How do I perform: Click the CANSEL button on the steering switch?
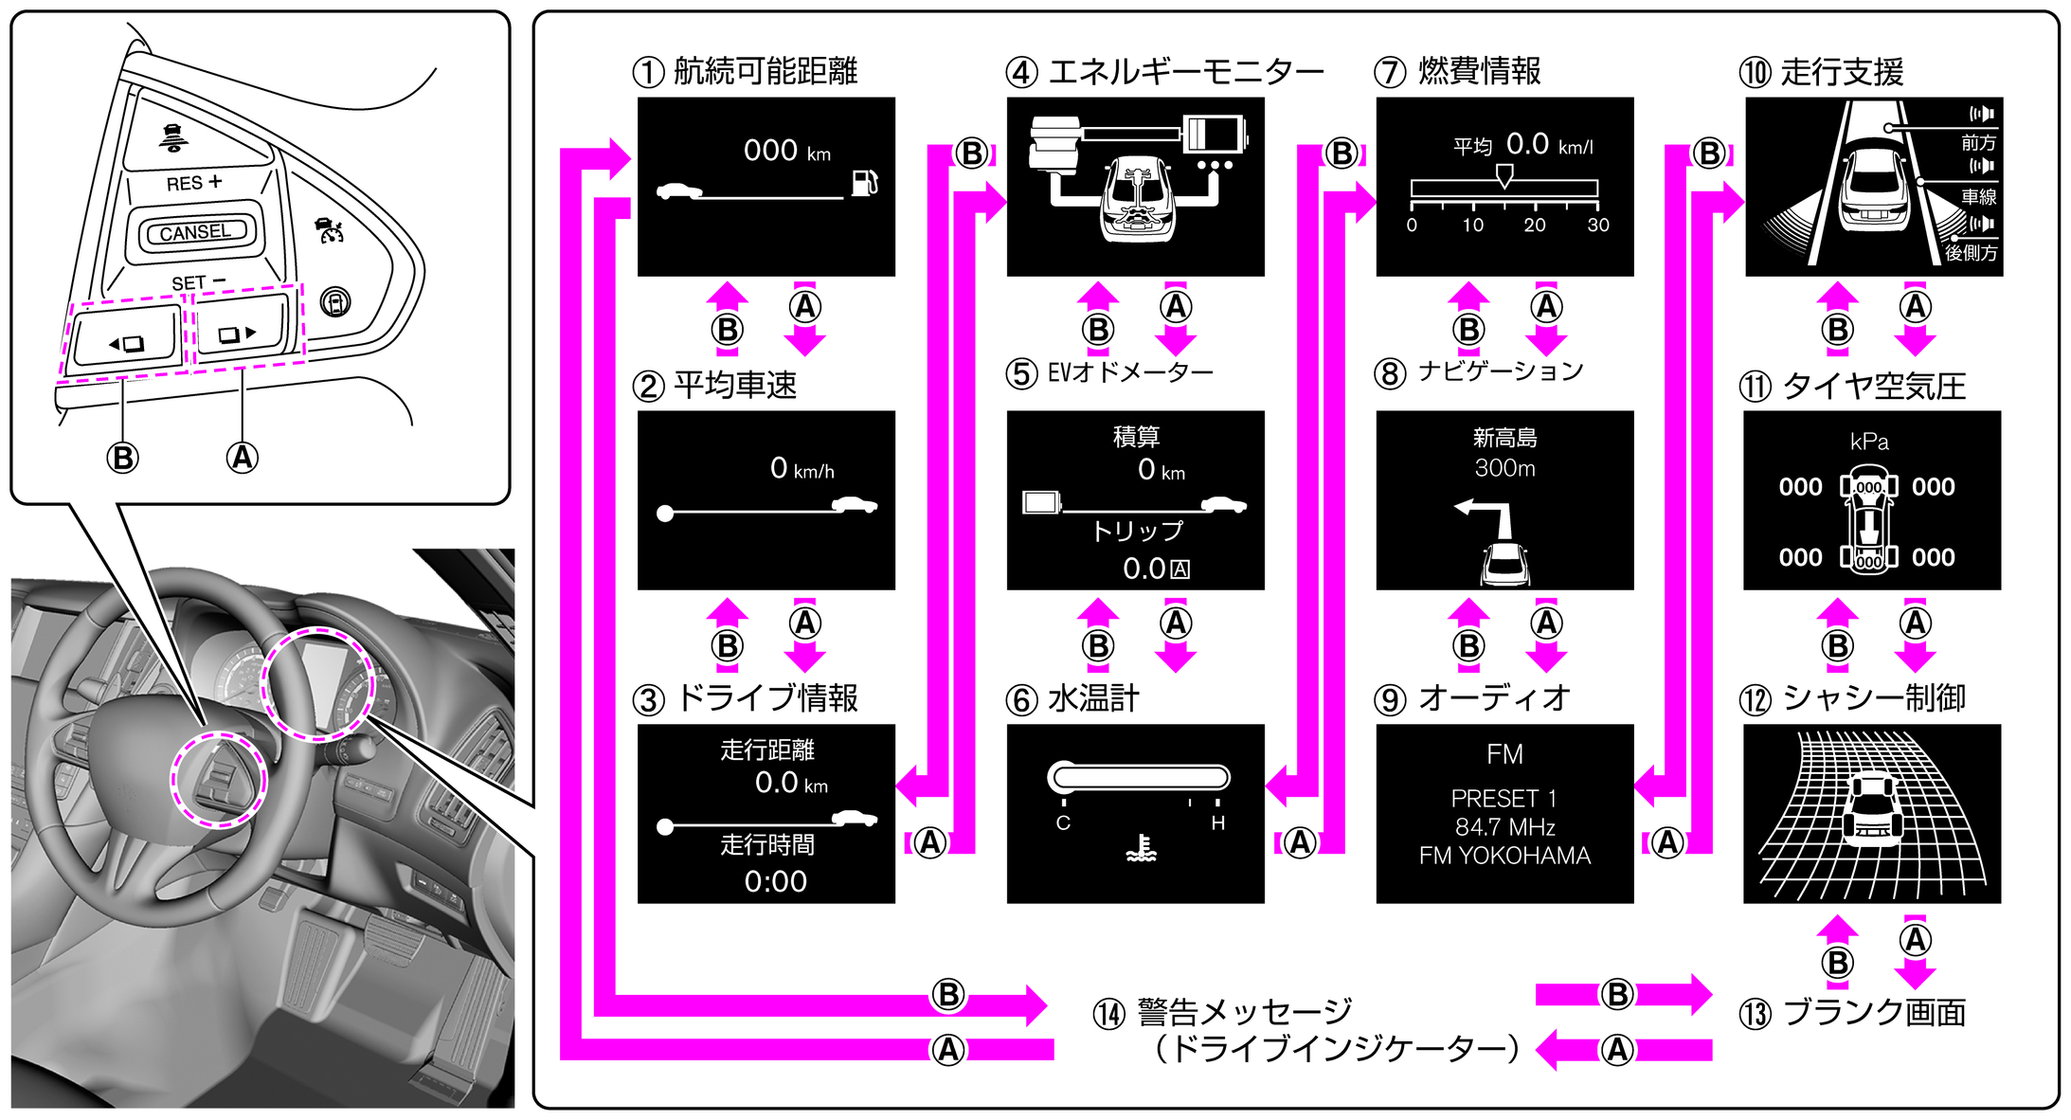[195, 232]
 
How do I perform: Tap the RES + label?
[193, 183]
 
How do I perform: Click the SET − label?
[198, 282]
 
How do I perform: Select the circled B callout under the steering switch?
[122, 458]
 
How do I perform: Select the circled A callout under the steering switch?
[243, 458]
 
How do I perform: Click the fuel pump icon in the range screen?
[864, 182]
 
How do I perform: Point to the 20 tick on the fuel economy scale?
[1534, 225]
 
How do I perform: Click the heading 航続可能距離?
[765, 71]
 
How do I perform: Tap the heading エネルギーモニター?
[1185, 71]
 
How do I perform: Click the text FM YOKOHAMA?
[1504, 856]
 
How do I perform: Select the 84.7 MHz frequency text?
[1504, 827]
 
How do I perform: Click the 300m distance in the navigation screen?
[1504, 468]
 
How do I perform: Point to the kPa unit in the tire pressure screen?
[1869, 442]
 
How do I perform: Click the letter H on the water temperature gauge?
[1217, 823]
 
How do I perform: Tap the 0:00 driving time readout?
[775, 881]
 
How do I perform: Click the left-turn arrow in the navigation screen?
[1483, 516]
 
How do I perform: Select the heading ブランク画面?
[1874, 1013]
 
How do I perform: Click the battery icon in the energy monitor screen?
[1215, 134]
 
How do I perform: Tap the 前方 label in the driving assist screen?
[1978, 143]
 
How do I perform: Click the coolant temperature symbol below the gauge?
[1142, 849]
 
